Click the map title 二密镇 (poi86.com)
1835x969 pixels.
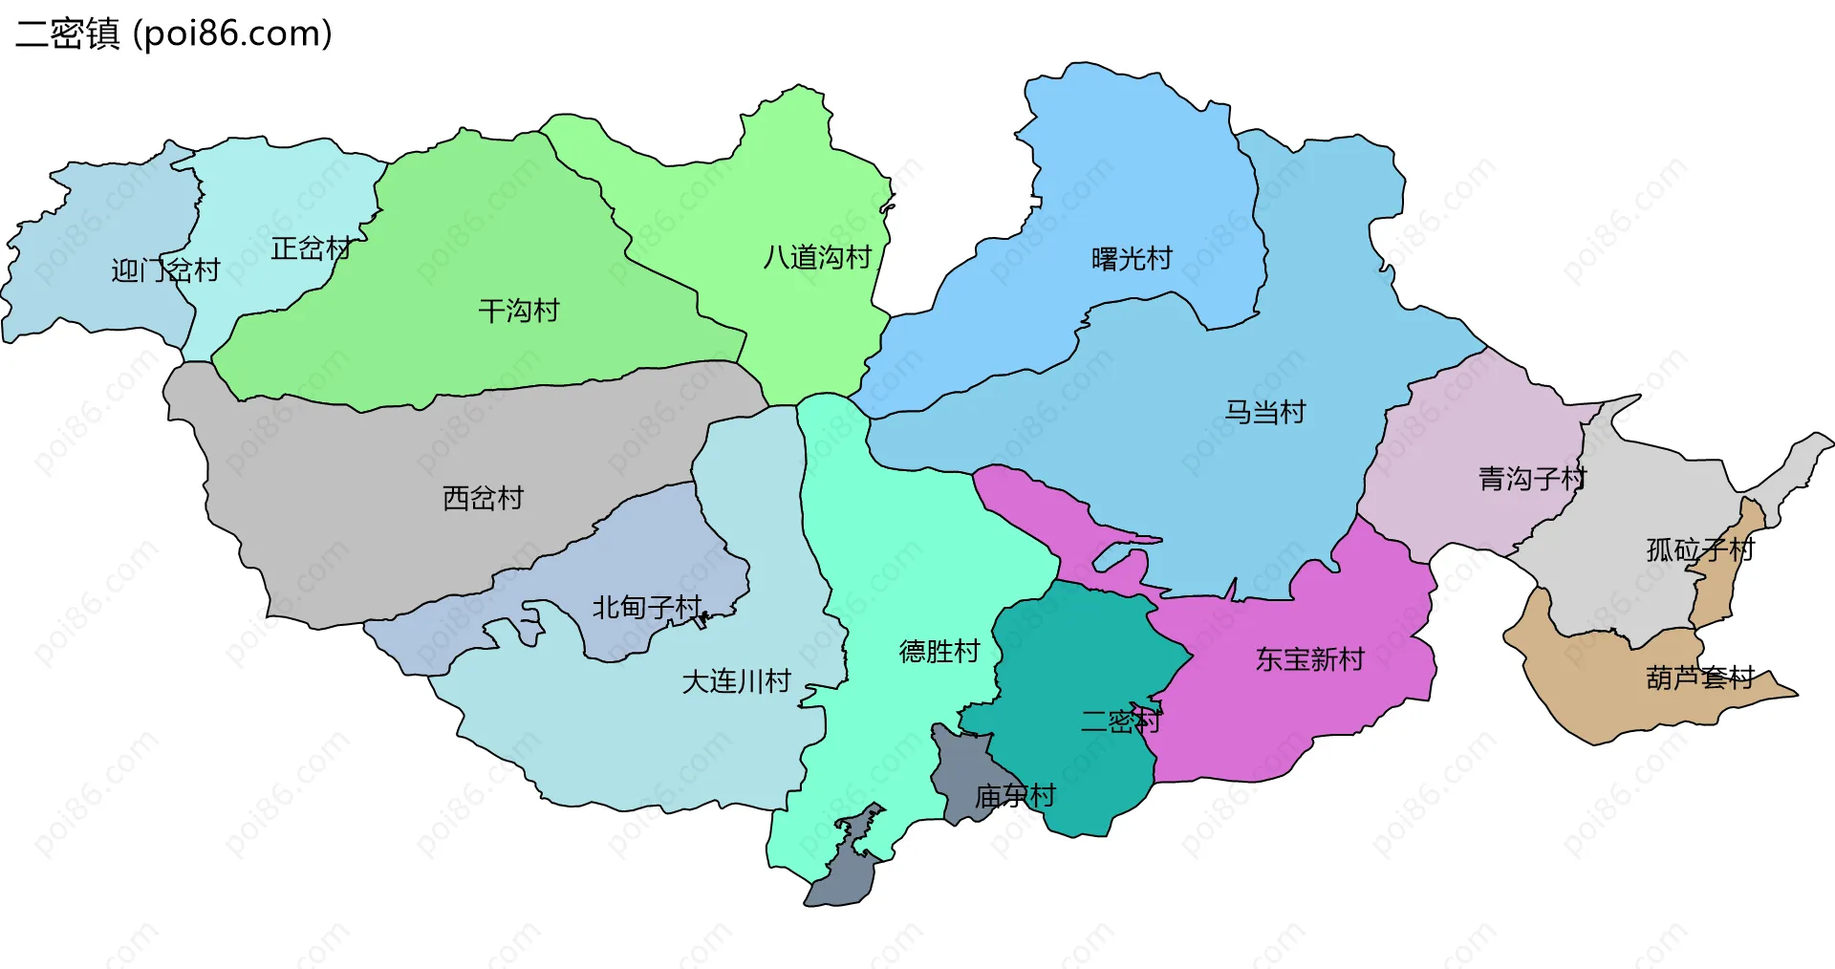coord(174,33)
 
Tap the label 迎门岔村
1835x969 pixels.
coord(165,270)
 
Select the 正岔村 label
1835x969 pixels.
coord(312,248)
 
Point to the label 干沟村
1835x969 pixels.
coord(518,311)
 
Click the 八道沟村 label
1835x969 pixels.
coord(817,257)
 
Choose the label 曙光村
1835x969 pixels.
coord(1132,259)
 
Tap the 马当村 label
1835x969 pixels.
coord(1265,412)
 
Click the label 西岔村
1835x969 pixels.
coord(483,498)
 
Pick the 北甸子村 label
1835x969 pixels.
coord(647,608)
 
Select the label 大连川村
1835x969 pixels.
coord(736,681)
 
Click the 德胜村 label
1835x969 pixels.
coord(939,652)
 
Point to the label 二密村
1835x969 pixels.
coord(1120,721)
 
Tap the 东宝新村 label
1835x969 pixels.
coord(1309,659)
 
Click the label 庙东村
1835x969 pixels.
coord(1015,795)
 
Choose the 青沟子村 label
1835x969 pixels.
coord(1532,479)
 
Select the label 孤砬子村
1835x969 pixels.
coord(1700,549)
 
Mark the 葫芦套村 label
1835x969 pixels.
coord(1700,678)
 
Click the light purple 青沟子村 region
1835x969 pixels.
coord(1462,430)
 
